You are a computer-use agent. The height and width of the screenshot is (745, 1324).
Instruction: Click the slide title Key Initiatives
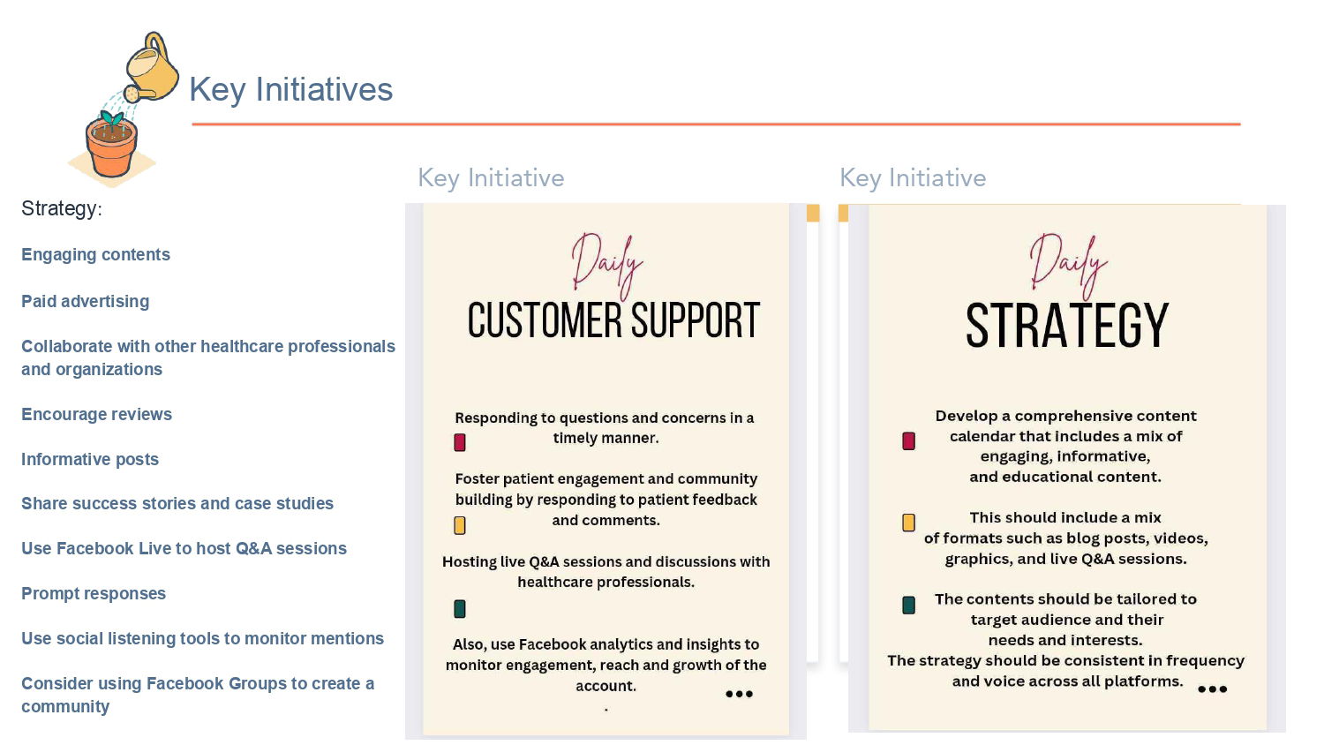(290, 90)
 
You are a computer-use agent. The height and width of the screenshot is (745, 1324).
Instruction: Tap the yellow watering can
(151, 68)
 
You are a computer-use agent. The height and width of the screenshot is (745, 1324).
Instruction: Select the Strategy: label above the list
(62, 208)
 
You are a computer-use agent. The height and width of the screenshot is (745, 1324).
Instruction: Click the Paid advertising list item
(85, 302)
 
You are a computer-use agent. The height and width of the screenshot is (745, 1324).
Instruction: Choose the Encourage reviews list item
(96, 415)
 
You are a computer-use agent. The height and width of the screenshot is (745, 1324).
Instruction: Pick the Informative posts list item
(90, 459)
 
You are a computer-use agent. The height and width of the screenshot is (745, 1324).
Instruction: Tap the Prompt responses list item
(94, 594)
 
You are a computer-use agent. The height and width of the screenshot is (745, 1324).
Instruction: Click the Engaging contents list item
(95, 255)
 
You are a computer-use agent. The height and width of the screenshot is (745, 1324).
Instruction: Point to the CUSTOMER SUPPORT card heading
(613, 320)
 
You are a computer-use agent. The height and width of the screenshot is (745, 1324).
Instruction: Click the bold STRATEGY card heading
(1067, 325)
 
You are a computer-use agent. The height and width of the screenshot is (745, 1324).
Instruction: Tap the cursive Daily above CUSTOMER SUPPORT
(607, 265)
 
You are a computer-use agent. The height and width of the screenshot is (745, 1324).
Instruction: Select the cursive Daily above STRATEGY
(1068, 265)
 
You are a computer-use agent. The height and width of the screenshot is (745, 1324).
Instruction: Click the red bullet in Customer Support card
(459, 442)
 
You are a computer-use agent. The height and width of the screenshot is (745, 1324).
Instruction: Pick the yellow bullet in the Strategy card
(908, 523)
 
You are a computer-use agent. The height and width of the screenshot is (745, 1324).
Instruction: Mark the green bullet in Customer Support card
(459, 608)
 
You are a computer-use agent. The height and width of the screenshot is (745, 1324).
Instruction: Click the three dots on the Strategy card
(1212, 689)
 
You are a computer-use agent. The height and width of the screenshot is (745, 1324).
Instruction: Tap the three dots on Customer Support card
(739, 694)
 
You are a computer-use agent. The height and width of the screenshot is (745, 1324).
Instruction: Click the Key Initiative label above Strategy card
(913, 178)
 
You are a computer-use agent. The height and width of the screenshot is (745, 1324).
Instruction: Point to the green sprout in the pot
(111, 118)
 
